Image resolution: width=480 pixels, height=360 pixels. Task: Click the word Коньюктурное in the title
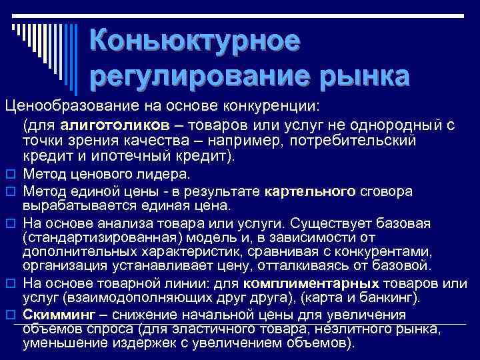tap(195, 41)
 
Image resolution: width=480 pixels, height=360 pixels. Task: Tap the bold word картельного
tap(310, 192)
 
